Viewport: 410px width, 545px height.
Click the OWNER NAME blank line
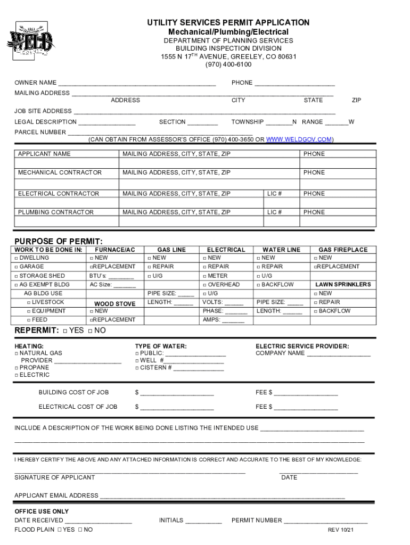point(137,84)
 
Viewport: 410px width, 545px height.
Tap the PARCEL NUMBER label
point(40,132)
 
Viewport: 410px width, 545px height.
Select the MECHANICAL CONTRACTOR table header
point(60,172)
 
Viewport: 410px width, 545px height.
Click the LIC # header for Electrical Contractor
point(274,194)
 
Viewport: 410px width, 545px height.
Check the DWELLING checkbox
point(17,258)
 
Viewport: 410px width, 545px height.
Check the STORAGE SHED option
point(17,276)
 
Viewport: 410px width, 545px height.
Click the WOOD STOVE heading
point(114,304)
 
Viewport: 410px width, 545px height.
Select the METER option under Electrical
point(204,276)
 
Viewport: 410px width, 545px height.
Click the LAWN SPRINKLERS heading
point(343,285)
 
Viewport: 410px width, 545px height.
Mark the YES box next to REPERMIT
point(64,331)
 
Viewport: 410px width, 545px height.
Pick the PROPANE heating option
point(17,368)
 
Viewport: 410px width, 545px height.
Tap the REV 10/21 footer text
point(341,530)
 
